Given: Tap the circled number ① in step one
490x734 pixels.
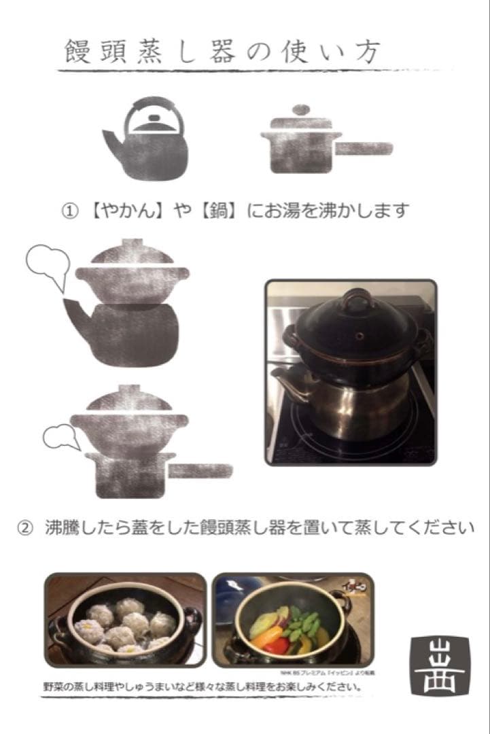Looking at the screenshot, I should (x=69, y=211).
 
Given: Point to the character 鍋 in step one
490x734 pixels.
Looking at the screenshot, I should (x=217, y=211).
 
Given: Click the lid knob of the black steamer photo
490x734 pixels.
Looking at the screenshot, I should (x=357, y=300).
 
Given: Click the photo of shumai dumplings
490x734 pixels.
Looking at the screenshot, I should (x=125, y=619).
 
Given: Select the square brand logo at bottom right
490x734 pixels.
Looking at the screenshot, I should (x=440, y=665).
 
